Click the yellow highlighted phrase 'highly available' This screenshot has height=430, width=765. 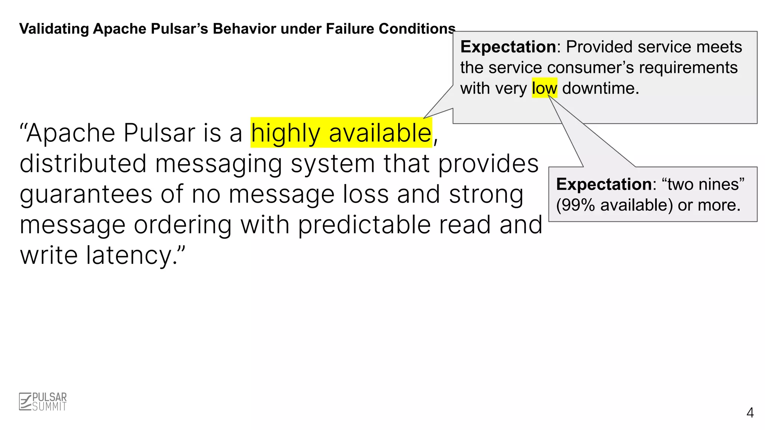[x=341, y=133]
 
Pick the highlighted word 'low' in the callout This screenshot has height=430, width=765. [x=544, y=88]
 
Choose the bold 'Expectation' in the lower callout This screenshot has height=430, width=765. [x=604, y=184]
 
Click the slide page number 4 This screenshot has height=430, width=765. [x=750, y=413]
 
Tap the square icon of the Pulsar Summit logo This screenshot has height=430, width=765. [x=25, y=402]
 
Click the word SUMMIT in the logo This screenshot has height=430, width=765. [x=49, y=406]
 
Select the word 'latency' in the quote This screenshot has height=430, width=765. [x=129, y=255]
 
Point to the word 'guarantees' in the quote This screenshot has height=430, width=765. [x=86, y=194]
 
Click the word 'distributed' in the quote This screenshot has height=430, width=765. [x=83, y=164]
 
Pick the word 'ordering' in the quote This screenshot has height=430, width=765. [x=182, y=225]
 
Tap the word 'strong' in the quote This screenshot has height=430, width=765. [x=486, y=194]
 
